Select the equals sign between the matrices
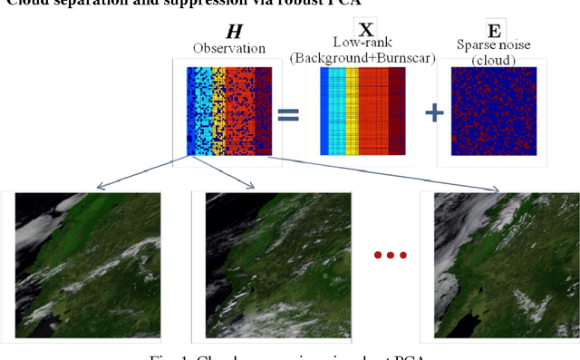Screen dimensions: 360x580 (287, 114)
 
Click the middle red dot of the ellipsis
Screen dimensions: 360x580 (390, 255)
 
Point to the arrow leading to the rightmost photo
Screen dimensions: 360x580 (362, 173)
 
